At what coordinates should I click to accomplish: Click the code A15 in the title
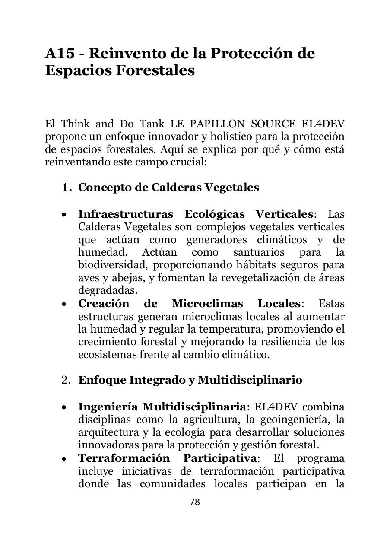pos(61,53)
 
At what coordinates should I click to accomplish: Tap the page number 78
pos(195,502)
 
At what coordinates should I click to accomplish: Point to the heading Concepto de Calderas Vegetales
pos(168,188)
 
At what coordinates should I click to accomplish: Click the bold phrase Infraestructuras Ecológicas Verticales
pos(195,214)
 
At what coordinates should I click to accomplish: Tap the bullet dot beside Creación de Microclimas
pos(64,304)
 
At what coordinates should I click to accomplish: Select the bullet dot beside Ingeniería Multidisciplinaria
pos(64,407)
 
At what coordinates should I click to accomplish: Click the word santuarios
pos(258,252)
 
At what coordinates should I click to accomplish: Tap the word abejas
pos(123,278)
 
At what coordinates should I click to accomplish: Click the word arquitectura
pos(103,432)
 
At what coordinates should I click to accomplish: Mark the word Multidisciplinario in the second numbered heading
pos(250,380)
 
